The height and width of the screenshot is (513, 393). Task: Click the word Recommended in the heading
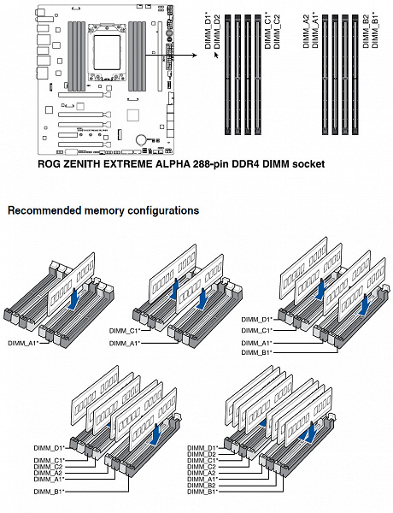click(44, 210)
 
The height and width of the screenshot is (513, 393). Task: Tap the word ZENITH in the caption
click(81, 164)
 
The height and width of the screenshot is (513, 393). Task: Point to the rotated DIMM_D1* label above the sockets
click(208, 31)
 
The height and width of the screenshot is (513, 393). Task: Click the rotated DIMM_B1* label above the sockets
click(375, 30)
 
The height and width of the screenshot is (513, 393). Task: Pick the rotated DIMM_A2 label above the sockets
click(306, 32)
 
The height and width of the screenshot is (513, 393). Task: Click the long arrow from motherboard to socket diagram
click(171, 55)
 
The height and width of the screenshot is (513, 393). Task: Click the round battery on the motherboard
click(142, 139)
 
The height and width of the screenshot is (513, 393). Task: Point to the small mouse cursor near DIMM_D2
click(216, 55)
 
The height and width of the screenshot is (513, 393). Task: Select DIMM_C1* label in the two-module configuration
click(125, 331)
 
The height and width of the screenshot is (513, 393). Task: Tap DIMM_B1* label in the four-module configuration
click(257, 352)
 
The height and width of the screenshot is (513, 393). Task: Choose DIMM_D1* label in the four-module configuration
click(257, 319)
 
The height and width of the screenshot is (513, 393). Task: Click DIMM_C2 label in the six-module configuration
click(48, 467)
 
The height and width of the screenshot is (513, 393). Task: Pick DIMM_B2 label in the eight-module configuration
click(202, 485)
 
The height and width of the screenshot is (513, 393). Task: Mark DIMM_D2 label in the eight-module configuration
click(202, 454)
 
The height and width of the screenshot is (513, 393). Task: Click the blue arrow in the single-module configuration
click(74, 298)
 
